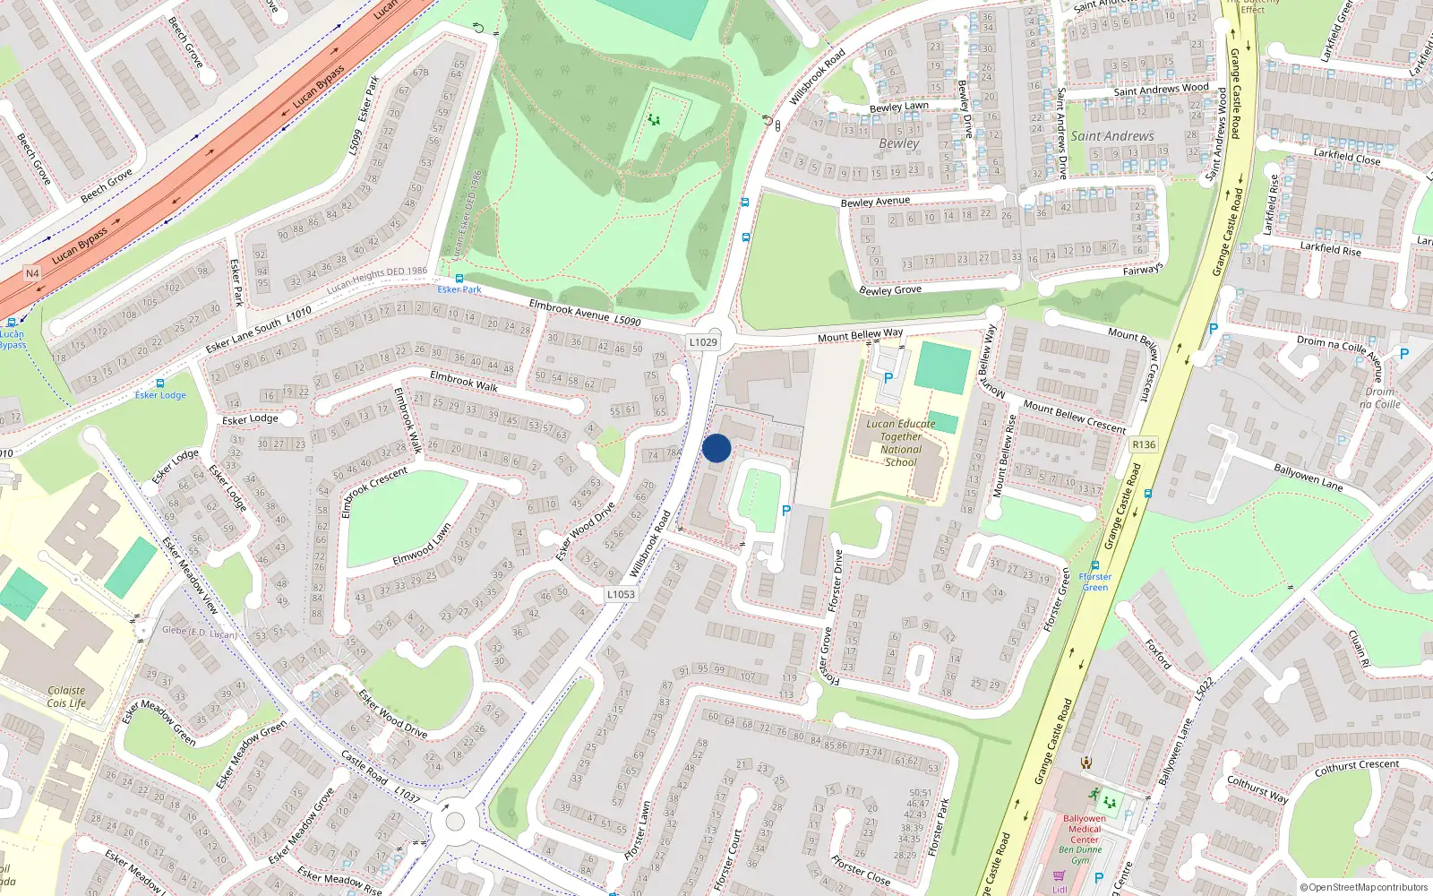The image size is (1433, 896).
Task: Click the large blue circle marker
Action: click(716, 448)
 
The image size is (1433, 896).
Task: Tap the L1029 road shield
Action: click(703, 342)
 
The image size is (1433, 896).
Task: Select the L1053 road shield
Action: click(621, 594)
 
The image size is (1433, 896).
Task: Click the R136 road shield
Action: click(1144, 444)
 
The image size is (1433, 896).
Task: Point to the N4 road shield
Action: click(32, 273)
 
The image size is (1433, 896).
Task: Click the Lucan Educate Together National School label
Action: click(900, 444)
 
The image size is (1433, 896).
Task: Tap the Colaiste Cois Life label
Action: click(67, 697)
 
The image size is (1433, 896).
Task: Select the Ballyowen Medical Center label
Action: click(1084, 829)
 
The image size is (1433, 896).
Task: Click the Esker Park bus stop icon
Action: click(459, 279)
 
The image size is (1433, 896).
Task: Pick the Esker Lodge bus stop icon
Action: click(160, 383)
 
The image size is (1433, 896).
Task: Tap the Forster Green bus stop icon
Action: click(1095, 566)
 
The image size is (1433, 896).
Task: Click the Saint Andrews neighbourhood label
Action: click(1112, 136)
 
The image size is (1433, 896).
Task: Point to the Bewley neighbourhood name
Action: click(898, 143)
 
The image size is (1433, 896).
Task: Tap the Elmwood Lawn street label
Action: click(422, 546)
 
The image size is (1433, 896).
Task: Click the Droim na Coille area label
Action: click(1380, 398)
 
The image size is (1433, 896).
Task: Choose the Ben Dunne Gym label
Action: click(1081, 855)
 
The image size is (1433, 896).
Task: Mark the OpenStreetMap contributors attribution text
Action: click(1363, 888)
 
